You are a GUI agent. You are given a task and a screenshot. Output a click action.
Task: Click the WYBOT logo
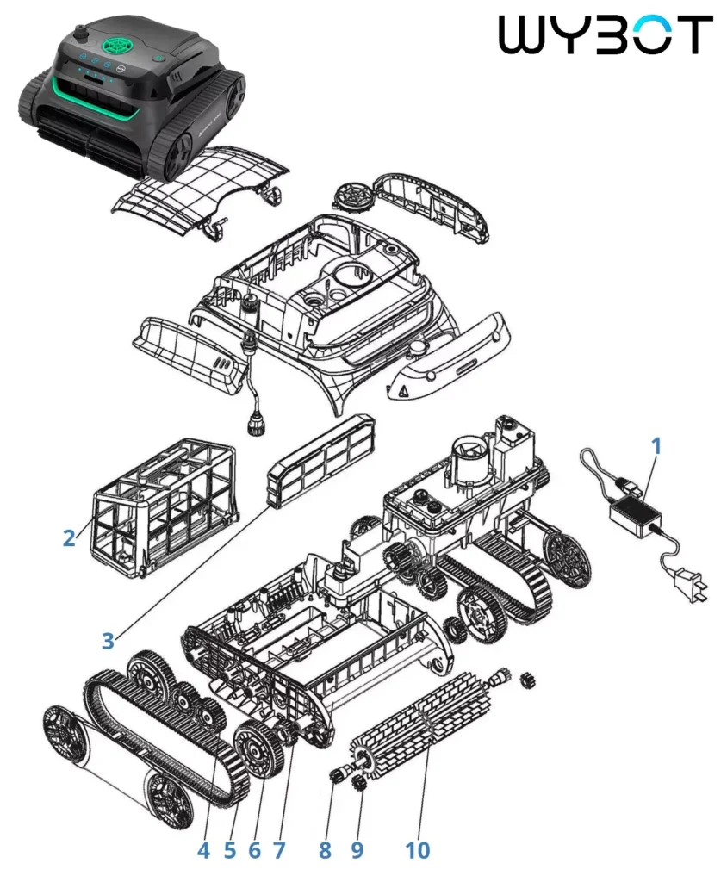(606, 34)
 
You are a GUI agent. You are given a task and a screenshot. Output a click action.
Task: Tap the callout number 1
(656, 447)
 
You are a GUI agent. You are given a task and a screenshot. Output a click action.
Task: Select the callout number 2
(69, 538)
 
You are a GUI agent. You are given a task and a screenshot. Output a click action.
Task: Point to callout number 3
(108, 640)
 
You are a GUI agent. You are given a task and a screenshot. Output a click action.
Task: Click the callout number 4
(203, 850)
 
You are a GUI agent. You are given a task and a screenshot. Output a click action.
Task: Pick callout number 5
(230, 850)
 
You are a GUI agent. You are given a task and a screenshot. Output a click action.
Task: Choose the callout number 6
(254, 850)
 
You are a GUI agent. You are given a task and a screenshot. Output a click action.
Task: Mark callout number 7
(279, 850)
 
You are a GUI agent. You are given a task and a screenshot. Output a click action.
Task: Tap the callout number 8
(325, 850)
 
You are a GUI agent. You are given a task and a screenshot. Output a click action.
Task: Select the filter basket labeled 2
(163, 507)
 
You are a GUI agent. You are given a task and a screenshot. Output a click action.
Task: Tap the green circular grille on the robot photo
(119, 42)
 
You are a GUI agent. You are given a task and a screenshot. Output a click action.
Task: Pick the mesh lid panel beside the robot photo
(200, 191)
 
